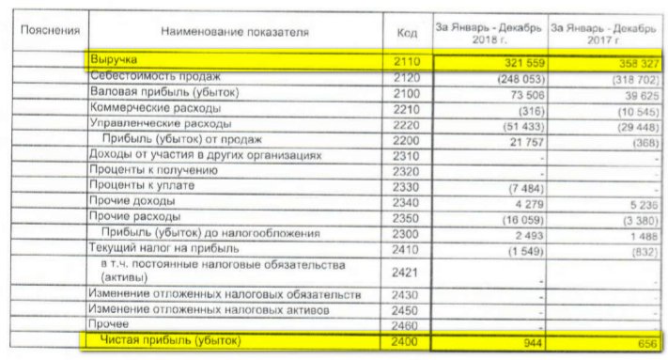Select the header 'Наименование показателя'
coord(234,32)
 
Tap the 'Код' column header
coord(407,33)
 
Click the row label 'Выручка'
coord(114,60)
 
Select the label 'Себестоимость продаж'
coord(155,76)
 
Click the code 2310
coord(407,154)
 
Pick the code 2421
coord(407,274)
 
